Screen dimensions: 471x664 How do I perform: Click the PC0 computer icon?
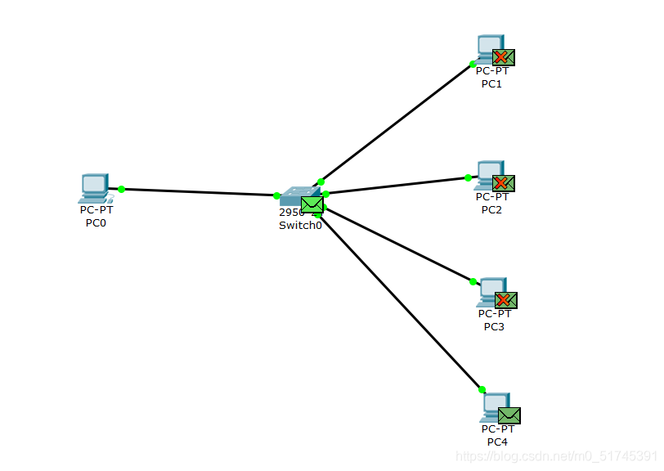94,187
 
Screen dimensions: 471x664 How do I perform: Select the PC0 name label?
96,223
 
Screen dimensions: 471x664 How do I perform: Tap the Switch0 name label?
300,226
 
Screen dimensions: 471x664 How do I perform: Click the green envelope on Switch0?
312,204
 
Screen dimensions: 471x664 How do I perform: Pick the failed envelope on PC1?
503,57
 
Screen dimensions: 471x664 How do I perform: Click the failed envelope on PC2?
503,183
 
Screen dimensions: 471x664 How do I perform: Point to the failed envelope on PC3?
506,300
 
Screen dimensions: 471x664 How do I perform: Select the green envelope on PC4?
509,415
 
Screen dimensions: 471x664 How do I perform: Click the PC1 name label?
491,83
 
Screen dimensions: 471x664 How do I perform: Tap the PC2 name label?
491,209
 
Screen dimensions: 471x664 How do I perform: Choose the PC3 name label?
494,327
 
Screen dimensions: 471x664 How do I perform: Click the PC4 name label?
497,442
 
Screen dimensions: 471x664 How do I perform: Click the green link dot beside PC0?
121,189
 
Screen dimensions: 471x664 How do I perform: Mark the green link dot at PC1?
473,63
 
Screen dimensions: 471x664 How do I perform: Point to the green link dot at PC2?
468,177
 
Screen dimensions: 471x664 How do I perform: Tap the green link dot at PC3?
473,281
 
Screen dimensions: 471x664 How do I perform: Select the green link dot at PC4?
482,389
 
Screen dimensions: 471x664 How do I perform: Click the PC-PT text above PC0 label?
96,210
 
